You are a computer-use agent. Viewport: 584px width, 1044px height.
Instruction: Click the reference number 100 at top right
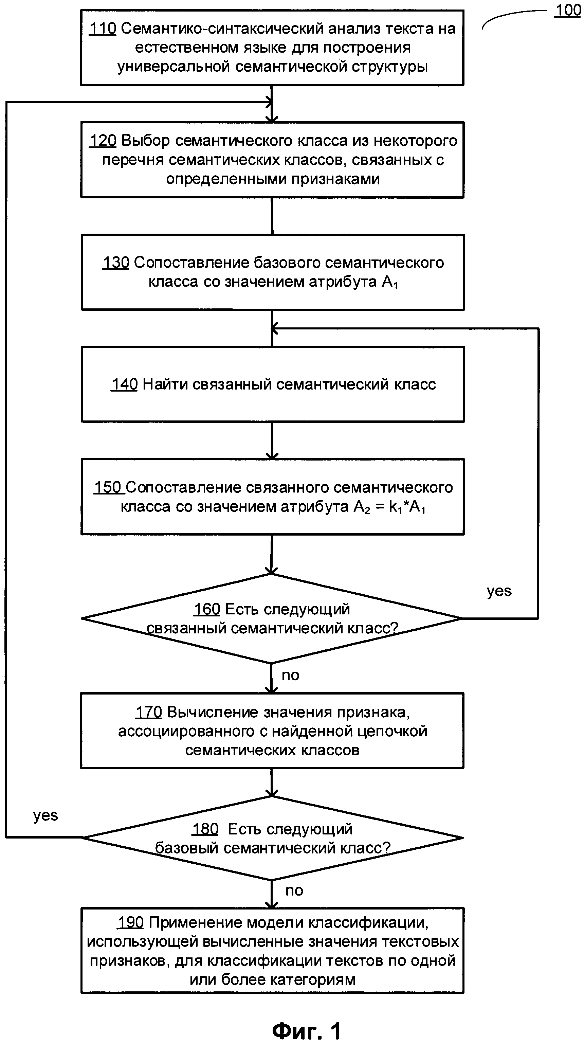(568, 11)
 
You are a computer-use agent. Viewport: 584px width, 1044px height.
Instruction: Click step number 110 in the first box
(103, 29)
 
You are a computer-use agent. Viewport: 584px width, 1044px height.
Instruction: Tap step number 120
(103, 141)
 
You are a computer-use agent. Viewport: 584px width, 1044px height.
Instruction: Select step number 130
(116, 263)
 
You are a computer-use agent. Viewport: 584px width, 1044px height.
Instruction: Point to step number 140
(124, 384)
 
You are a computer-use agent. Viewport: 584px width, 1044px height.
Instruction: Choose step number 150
(108, 488)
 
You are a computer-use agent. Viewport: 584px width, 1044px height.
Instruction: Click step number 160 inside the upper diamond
(207, 609)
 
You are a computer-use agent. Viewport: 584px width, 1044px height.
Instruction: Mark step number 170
(149, 712)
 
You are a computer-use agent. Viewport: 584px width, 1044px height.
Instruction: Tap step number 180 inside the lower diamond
(205, 829)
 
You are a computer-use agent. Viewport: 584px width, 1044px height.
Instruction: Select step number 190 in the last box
(130, 922)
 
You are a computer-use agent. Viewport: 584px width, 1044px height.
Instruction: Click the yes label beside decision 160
(499, 591)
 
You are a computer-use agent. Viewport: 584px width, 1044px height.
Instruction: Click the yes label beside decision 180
(45, 815)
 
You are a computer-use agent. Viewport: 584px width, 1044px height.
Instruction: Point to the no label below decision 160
(290, 675)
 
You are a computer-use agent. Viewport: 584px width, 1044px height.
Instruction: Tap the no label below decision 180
(294, 891)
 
